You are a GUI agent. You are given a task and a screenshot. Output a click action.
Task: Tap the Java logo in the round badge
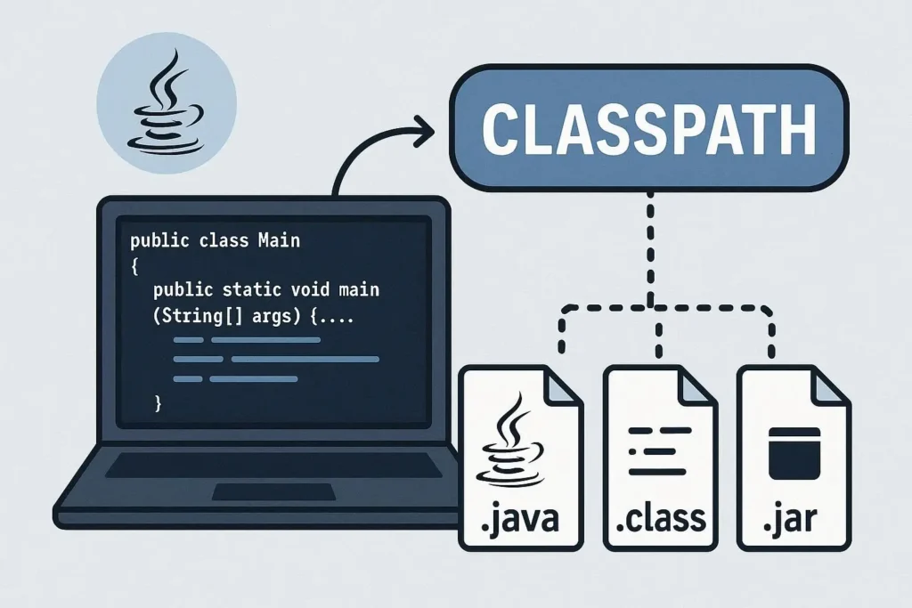click(x=167, y=105)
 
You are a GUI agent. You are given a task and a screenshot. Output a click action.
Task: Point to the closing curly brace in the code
click(x=159, y=402)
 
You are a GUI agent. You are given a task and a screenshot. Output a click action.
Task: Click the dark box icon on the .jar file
click(x=794, y=452)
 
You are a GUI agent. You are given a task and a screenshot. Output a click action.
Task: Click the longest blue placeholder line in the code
click(x=305, y=359)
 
